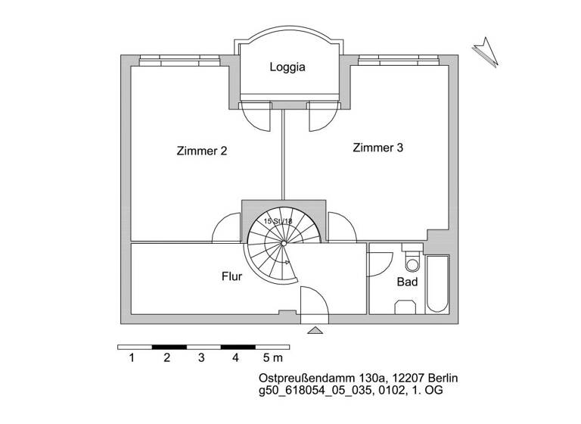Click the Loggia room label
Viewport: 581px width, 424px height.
(x=287, y=67)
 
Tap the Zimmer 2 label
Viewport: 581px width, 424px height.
(x=201, y=151)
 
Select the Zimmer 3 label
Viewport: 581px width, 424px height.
(x=377, y=148)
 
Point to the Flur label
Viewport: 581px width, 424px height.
(x=231, y=277)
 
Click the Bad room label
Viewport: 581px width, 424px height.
(x=407, y=282)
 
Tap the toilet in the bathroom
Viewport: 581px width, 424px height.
(x=412, y=262)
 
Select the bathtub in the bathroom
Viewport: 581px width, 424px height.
(x=439, y=283)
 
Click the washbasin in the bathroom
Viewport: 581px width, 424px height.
(x=407, y=305)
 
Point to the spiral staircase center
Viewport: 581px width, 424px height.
(x=283, y=244)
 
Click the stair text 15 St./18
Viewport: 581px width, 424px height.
(x=278, y=221)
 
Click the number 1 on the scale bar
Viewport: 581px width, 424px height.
(x=132, y=357)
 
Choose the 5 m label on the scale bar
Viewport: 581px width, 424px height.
(x=272, y=357)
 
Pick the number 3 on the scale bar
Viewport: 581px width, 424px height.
(x=200, y=357)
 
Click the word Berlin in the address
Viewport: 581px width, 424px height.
(x=442, y=378)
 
